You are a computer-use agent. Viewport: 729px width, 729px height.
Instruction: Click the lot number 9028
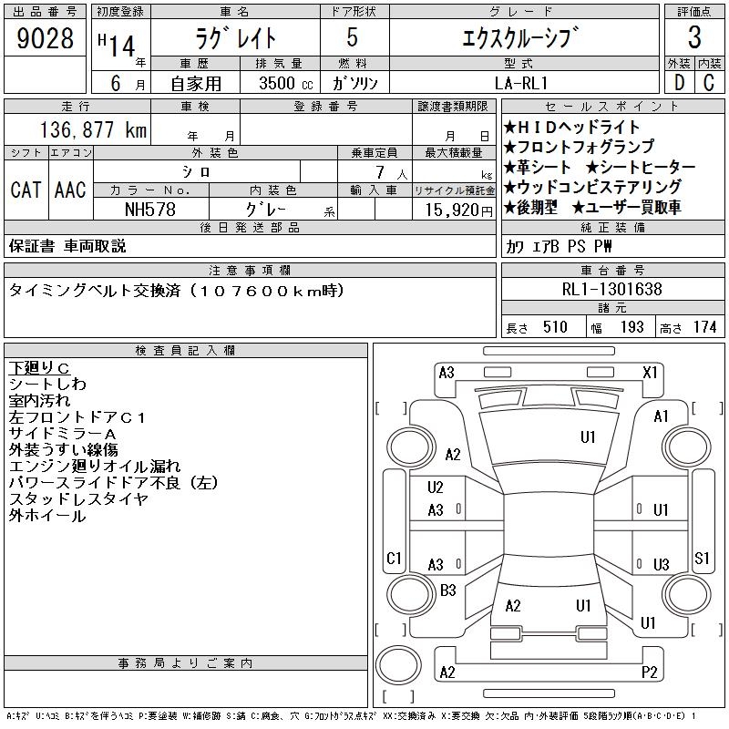click(45, 38)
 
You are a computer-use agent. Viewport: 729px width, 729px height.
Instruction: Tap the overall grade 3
click(694, 37)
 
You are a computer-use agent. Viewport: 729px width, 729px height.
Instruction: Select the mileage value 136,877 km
click(93, 129)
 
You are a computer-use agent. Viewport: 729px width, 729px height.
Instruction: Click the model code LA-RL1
click(521, 83)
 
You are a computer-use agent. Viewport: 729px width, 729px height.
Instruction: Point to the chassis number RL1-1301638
click(611, 289)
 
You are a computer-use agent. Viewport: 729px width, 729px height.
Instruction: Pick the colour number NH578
click(150, 210)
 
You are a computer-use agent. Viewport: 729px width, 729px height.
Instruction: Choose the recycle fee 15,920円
click(459, 210)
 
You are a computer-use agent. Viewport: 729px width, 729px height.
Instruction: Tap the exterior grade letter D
click(679, 83)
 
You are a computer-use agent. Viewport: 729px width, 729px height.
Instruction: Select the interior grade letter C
click(709, 83)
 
